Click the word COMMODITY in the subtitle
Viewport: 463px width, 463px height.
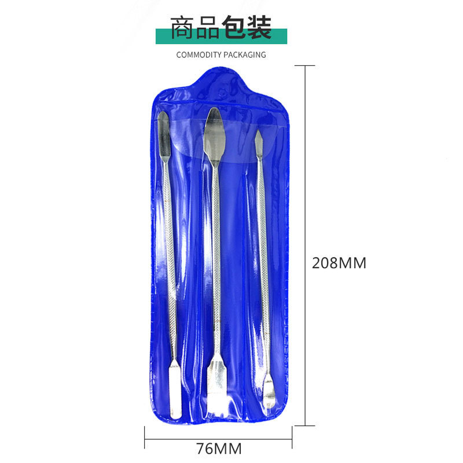click(199, 55)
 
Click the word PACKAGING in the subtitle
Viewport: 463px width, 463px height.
click(244, 55)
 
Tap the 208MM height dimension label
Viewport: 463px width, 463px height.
click(339, 263)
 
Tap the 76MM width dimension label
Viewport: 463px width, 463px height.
click(219, 449)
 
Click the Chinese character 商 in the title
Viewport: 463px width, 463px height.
click(182, 27)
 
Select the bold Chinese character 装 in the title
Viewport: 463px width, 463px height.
click(259, 27)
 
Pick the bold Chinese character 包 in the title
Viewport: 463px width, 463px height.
click(234, 27)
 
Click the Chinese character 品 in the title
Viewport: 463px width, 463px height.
click(208, 27)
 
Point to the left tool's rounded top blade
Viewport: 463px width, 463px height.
click(164, 137)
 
